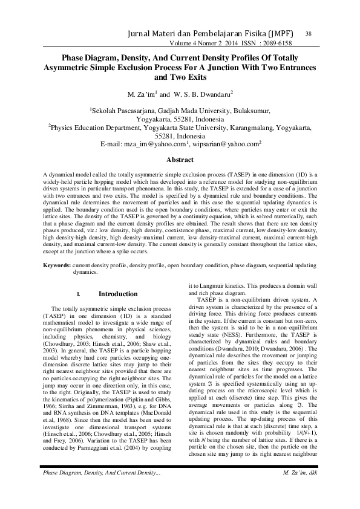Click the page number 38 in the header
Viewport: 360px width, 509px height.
[x=309, y=33]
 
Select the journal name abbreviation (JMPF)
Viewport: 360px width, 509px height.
[x=284, y=34]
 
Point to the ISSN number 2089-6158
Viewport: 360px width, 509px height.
[x=274, y=44]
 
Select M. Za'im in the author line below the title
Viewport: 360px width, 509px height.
[x=141, y=95]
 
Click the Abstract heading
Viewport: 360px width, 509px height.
[x=180, y=160]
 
